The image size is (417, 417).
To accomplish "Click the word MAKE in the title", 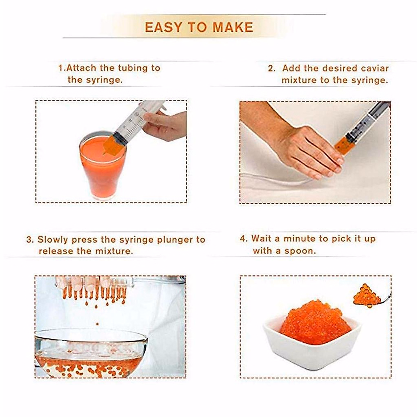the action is (233, 27).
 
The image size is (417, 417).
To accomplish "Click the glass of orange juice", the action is (103, 165).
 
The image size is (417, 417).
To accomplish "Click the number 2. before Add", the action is (272, 69).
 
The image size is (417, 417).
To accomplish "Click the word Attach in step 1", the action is (81, 68).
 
